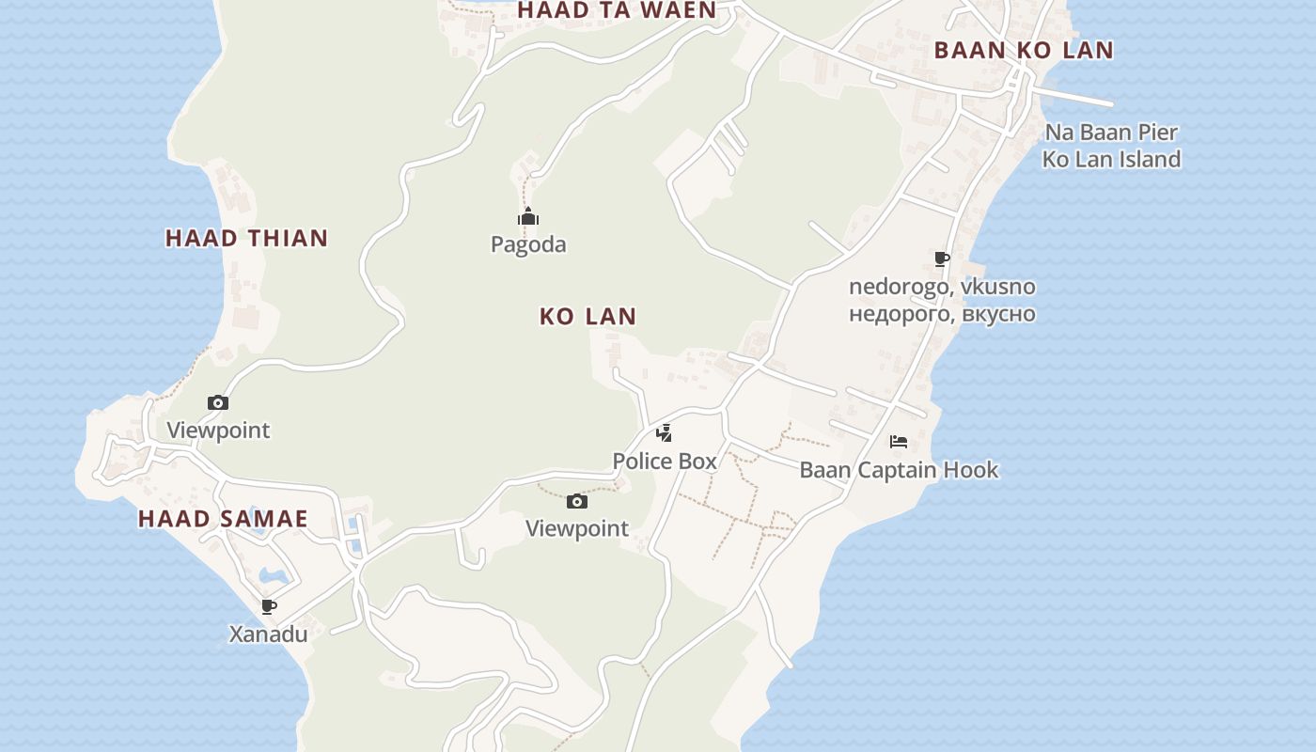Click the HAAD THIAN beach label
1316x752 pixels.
[246, 238]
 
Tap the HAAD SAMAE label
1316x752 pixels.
[223, 518]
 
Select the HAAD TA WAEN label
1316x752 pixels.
[617, 10]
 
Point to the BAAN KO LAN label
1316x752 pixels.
[1024, 51]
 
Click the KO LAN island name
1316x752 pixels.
[587, 317]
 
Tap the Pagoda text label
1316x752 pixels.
[528, 244]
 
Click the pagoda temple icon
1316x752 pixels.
[528, 217]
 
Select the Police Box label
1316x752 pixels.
[665, 462]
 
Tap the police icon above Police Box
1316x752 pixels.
[665, 433]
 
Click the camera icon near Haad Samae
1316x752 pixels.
[218, 402]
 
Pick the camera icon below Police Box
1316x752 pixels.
[577, 501]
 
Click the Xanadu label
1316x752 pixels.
[268, 634]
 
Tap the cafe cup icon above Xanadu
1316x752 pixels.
[268, 606]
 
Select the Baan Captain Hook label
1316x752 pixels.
[899, 470]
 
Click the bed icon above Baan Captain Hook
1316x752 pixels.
[899, 441]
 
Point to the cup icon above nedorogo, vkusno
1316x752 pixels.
[942, 258]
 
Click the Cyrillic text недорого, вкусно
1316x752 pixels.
[942, 314]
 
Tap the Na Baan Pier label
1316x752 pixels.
[1111, 133]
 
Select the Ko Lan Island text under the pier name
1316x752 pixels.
[1111, 160]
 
